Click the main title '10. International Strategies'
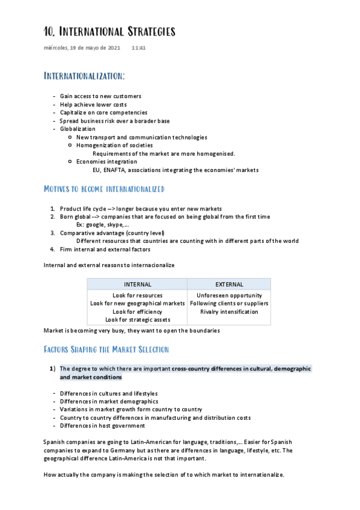[x=109, y=31]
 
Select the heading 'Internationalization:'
[x=85, y=76]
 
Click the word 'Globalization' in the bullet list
[x=78, y=129]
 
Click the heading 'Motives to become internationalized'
[x=104, y=189]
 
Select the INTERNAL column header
[x=137, y=284]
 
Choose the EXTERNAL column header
[x=229, y=284]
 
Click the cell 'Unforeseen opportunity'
[x=229, y=295]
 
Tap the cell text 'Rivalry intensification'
[x=229, y=312]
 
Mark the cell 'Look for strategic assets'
[x=137, y=319]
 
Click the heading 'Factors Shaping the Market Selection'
[x=106, y=349]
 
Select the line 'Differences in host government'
[x=102, y=426]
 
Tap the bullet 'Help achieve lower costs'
[x=93, y=104]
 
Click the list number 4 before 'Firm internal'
[x=53, y=249]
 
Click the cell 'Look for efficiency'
[x=137, y=312]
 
